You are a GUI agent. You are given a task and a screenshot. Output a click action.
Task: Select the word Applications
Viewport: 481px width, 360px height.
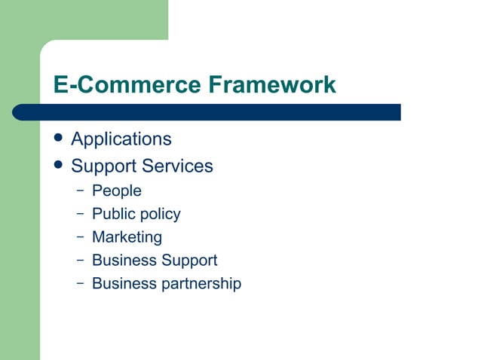tap(121, 139)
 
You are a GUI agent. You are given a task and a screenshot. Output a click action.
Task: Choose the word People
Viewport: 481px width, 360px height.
tap(116, 191)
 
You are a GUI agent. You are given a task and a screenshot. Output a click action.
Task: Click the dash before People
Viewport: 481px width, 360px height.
tap(80, 191)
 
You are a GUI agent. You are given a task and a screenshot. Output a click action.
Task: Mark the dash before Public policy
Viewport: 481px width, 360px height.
tap(80, 213)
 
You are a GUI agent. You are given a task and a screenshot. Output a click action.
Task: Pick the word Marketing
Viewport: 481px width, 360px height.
tap(127, 237)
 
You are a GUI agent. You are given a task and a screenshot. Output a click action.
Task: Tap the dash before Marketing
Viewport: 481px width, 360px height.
tap(80, 236)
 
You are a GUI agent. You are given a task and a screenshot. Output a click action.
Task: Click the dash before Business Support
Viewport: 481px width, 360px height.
tap(80, 260)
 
